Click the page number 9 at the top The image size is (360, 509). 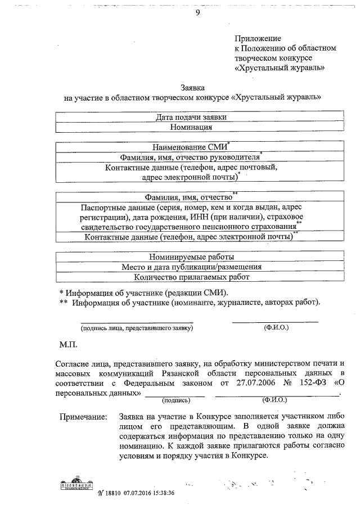tap(197, 13)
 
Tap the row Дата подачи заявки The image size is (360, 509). tap(200, 117)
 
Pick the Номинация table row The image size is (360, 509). tap(200, 127)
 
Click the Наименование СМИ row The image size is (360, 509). tap(199, 147)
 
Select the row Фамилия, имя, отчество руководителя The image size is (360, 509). tap(199, 157)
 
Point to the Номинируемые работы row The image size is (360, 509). tap(200, 256)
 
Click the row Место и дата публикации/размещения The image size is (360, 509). tap(200, 267)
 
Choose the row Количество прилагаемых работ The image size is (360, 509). tap(200, 277)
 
